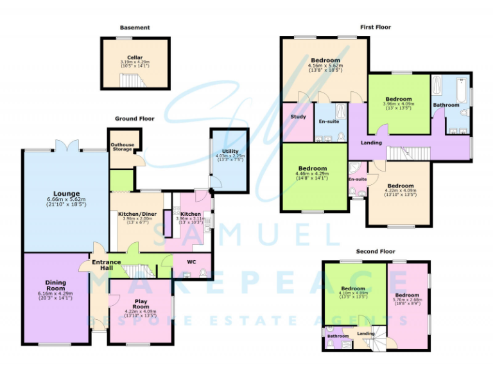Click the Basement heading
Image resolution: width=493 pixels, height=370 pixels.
[x=135, y=28]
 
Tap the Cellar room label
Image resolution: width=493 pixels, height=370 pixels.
[x=135, y=57]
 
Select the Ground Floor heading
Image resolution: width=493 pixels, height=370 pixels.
[x=135, y=119]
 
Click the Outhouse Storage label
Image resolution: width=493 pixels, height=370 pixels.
[x=123, y=147]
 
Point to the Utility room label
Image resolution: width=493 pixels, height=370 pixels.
[x=230, y=152]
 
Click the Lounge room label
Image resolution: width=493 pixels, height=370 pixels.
[x=67, y=193]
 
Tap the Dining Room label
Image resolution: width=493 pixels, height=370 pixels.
[x=55, y=285]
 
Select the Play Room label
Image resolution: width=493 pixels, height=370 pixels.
[x=141, y=304]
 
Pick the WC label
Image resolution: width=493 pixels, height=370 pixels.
[x=191, y=262]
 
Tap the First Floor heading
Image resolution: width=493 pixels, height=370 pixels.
[x=376, y=28]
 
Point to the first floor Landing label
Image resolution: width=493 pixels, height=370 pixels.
[x=371, y=143]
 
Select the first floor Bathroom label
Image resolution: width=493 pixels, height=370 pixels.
[x=445, y=105]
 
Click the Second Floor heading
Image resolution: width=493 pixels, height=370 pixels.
[x=375, y=252]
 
